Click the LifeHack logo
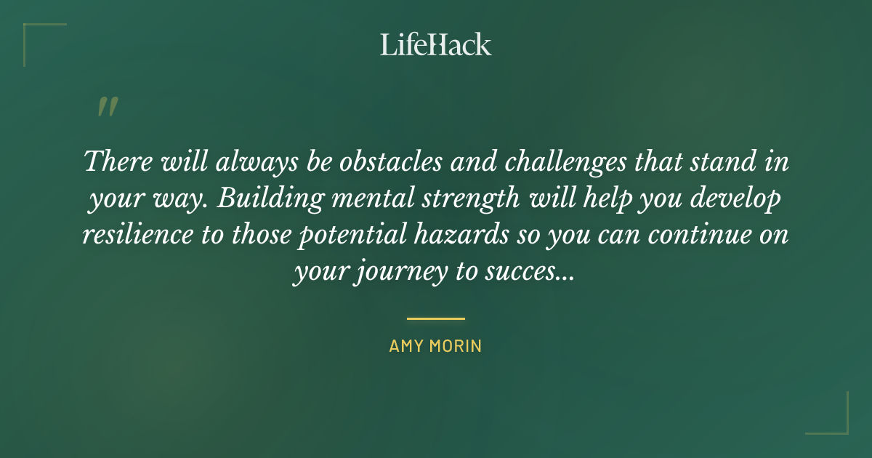pyautogui.click(x=435, y=44)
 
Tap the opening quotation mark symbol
pyautogui.click(x=108, y=107)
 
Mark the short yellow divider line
pyautogui.click(x=435, y=318)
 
